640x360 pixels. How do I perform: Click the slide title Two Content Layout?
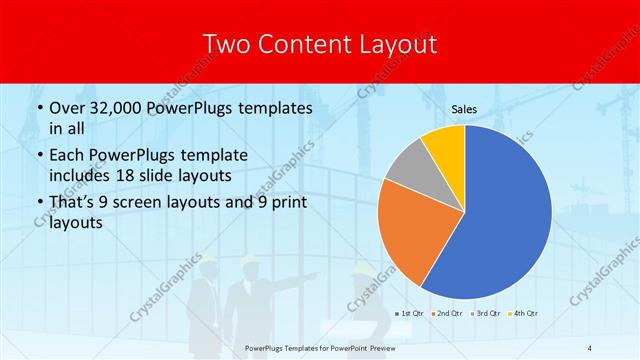319,44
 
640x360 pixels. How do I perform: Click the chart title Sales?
464,108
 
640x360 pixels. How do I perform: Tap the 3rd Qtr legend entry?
487,314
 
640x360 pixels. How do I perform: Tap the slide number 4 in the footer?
590,347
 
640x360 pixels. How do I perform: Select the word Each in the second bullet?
69,155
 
